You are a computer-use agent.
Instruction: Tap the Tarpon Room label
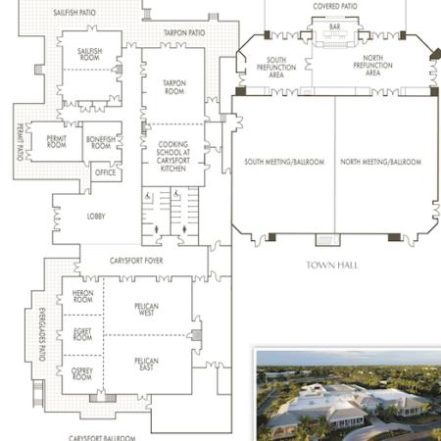174,88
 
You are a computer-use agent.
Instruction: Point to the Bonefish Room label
100,142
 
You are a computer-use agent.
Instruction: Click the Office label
105,172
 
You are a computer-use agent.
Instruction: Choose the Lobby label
96,216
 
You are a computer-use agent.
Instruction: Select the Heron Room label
82,297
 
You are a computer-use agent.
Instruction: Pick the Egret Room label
82,335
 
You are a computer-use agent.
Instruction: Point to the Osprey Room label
82,373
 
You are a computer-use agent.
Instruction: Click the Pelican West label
146,309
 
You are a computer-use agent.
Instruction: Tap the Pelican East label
146,365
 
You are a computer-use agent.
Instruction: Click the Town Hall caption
332,265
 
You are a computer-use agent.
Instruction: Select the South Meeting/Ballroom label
284,161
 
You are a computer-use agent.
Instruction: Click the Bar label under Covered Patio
334,26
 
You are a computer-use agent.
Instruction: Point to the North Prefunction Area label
372,67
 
